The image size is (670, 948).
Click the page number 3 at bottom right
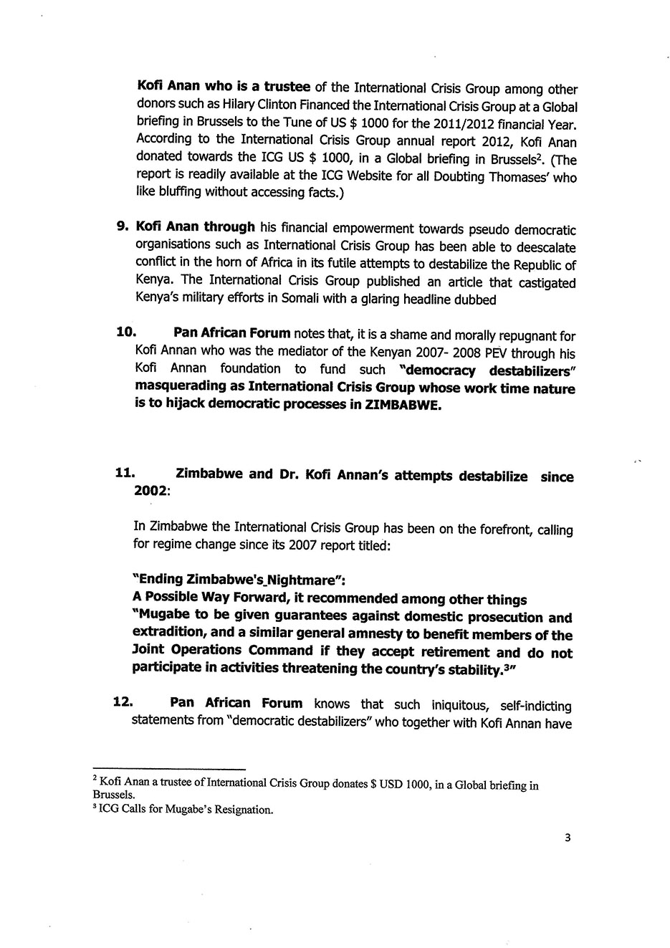pyautogui.click(x=568, y=838)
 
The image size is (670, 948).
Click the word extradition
pyautogui.click(x=169, y=634)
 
